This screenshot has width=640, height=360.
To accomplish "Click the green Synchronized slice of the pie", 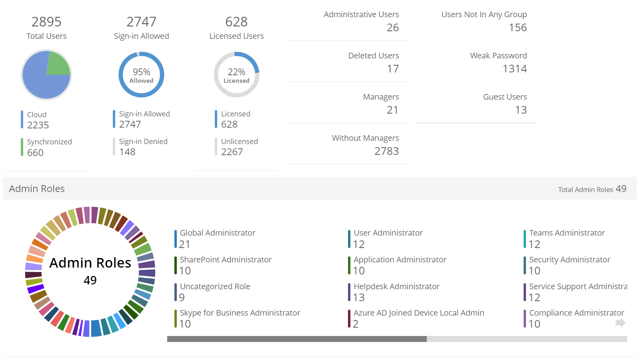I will coord(58,64).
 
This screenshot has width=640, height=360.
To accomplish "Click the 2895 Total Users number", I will coord(46,22).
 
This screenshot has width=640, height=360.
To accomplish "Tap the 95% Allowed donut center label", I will coord(142,75).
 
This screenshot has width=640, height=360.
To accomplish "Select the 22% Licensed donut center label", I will coord(236,75).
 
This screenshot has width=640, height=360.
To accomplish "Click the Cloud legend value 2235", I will coord(38,125).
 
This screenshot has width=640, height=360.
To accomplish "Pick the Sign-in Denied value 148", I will coord(127,152).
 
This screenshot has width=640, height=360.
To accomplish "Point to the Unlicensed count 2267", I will coord(232,152).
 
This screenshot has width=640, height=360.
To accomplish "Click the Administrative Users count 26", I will coord(393,28).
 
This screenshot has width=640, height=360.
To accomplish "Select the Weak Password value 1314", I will coord(515,69).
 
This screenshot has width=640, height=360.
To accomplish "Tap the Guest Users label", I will coord(505,97).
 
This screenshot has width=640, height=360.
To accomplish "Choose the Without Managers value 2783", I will coord(386,151).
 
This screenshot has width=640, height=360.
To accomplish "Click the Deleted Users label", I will coord(374,56).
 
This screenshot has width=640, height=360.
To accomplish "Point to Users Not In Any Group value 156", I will coord(518,28).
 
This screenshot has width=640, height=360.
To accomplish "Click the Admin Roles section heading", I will coord(37,189).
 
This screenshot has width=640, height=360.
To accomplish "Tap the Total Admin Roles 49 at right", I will coord(621,189).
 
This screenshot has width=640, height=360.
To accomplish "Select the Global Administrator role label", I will coord(218,233).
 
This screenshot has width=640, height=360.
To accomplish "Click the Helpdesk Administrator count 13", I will coord(359,298).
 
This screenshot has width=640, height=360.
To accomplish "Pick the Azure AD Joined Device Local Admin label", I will coord(419,313).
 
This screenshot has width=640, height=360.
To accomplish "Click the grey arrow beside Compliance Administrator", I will coord(620,323).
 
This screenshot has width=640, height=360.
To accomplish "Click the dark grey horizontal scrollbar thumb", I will coord(297,339).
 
